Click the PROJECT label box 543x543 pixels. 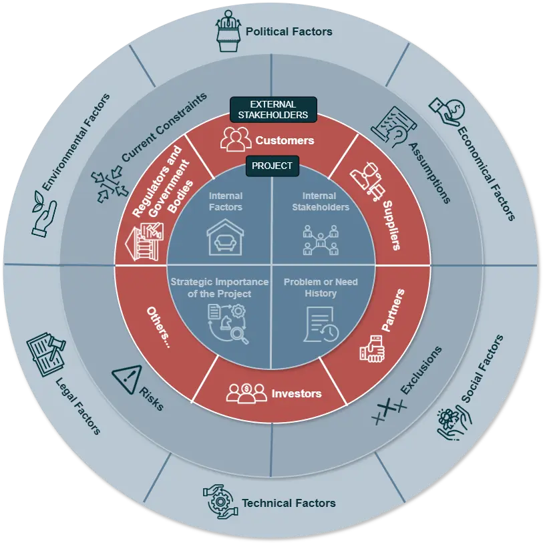point(272,165)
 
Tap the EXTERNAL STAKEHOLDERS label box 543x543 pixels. point(273,110)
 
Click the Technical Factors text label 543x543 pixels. point(289,503)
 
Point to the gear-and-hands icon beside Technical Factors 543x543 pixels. point(220,502)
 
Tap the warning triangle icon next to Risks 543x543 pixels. point(126,378)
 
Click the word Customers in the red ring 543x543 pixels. point(285,140)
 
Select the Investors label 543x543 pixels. point(296,393)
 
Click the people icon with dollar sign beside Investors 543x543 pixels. point(246,393)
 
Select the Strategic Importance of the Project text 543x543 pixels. point(219,288)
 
